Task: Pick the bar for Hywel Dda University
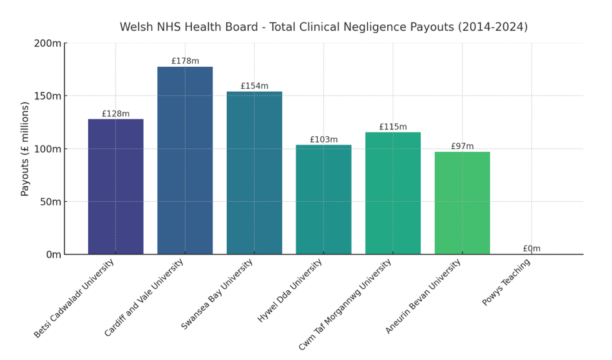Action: coord(323,199)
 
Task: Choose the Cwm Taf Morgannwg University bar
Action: coord(393,193)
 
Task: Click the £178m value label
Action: coord(185,61)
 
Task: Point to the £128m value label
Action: coord(116,114)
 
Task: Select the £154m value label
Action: coord(254,86)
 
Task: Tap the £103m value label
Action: coord(323,140)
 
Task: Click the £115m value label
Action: coord(393,127)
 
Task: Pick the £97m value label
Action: coord(462,147)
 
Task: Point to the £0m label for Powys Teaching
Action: coord(531,249)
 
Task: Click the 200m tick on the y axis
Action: coord(47,43)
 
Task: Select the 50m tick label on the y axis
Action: coord(50,202)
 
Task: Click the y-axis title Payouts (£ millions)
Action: coord(26,149)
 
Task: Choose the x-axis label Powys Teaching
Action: coord(506,282)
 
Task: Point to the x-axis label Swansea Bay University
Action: coord(217,294)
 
